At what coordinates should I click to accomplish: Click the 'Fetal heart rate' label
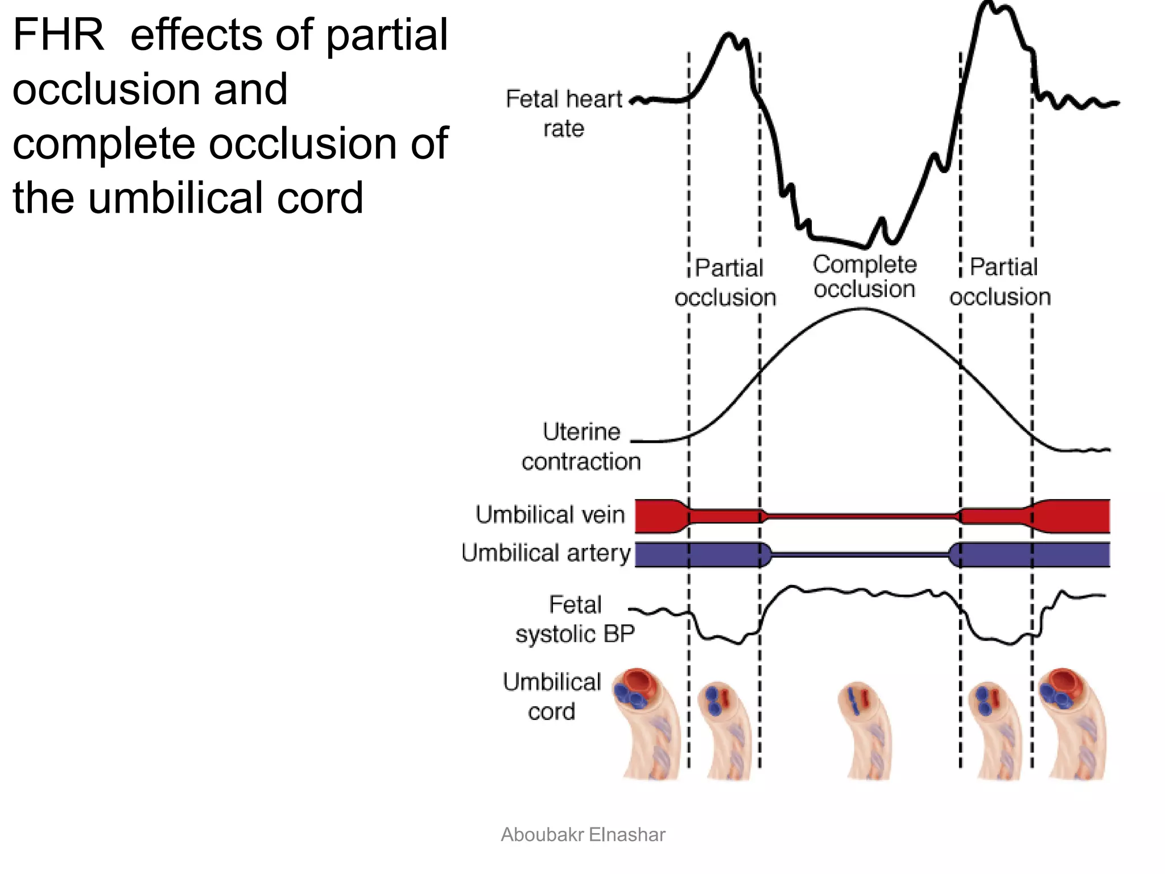[x=564, y=114]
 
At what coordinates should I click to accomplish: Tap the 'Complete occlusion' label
[x=865, y=277]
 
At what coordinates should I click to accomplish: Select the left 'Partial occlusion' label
[x=726, y=283]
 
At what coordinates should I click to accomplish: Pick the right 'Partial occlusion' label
[x=1001, y=282]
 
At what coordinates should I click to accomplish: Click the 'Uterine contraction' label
[x=581, y=447]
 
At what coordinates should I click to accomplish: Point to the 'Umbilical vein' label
[x=550, y=514]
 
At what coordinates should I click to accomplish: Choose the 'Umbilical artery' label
[x=546, y=553]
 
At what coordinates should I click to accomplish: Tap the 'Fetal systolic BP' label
[x=575, y=619]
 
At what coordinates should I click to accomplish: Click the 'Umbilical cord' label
[x=552, y=696]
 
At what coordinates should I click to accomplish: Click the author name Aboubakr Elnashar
[x=583, y=835]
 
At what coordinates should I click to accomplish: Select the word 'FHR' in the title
[x=58, y=35]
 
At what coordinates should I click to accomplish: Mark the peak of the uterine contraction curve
[x=862, y=309]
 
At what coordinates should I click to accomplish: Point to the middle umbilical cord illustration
[x=864, y=731]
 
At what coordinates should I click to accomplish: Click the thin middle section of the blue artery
[x=860, y=554]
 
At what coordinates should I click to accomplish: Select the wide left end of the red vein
[x=657, y=516]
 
